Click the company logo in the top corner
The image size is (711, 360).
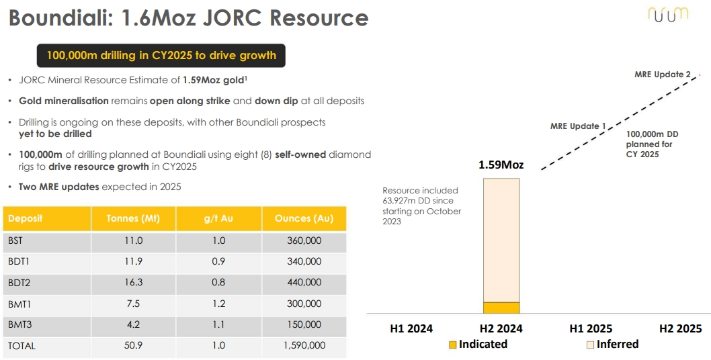click(668, 15)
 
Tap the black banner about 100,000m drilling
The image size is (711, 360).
click(161, 55)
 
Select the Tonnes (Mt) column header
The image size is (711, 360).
click(133, 218)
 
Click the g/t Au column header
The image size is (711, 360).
click(218, 218)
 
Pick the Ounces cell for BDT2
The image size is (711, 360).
click(304, 283)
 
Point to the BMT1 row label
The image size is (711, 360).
click(19, 304)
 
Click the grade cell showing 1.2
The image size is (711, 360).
click(218, 304)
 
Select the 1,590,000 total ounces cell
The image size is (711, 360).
click(304, 345)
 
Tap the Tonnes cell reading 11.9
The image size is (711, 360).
click(133, 262)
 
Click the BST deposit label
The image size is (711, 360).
click(15, 240)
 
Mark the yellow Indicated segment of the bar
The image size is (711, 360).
click(501, 308)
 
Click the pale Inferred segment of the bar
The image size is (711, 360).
click(501, 240)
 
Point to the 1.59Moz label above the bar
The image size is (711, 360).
click(501, 165)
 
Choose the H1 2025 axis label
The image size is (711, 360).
click(591, 328)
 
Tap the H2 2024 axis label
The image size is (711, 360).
click(501, 328)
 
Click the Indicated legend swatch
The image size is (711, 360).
click(452, 345)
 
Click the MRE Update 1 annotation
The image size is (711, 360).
click(578, 126)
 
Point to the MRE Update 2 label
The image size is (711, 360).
click(663, 75)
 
